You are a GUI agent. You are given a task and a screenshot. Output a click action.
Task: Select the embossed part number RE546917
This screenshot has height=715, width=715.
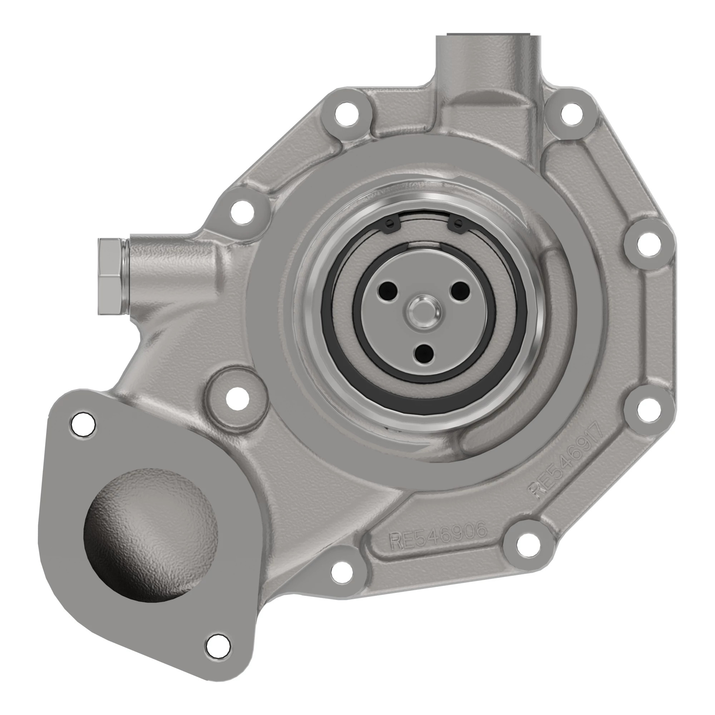pyautogui.click(x=567, y=462)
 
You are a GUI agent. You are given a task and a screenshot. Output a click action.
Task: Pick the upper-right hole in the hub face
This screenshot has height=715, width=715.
pyautogui.click(x=460, y=288)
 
